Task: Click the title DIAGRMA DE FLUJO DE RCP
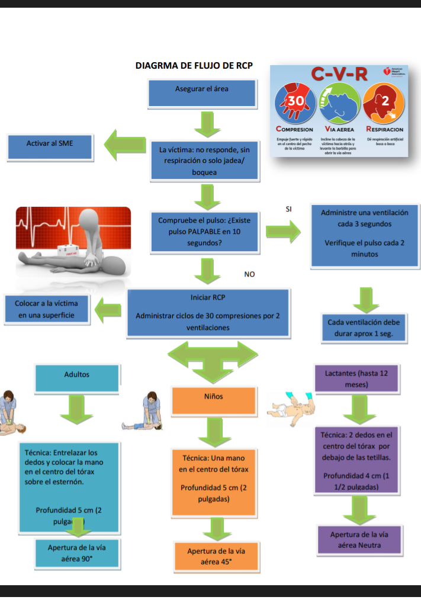point(194,66)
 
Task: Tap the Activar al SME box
point(50,144)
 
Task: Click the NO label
point(249,274)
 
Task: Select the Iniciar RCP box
point(208,312)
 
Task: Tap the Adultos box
point(76,376)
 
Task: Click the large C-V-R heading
point(339,75)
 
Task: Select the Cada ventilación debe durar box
point(363,328)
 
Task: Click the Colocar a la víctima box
point(47,309)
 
